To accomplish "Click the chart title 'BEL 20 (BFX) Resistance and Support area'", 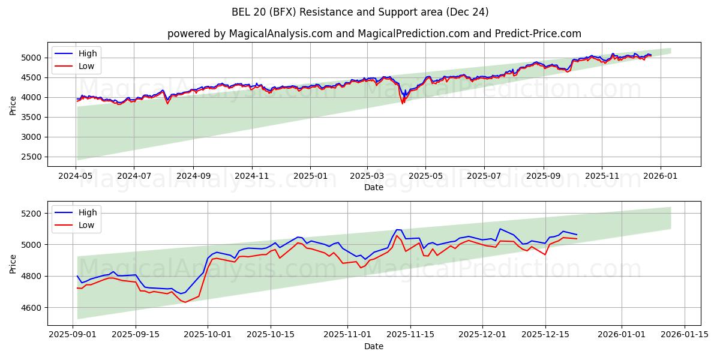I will pos(360,12).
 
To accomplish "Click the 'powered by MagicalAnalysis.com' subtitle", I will pos(250,34).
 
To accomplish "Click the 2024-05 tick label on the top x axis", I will pos(76,176).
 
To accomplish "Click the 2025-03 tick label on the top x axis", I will pos(367,176).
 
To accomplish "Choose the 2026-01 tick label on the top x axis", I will pos(661,176).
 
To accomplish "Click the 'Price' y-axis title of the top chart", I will pos(13,105).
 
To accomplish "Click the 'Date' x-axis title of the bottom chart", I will pos(374,346).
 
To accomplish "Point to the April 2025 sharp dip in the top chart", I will pos(403,103).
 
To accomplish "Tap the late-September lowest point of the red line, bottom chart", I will pos(185,302).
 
